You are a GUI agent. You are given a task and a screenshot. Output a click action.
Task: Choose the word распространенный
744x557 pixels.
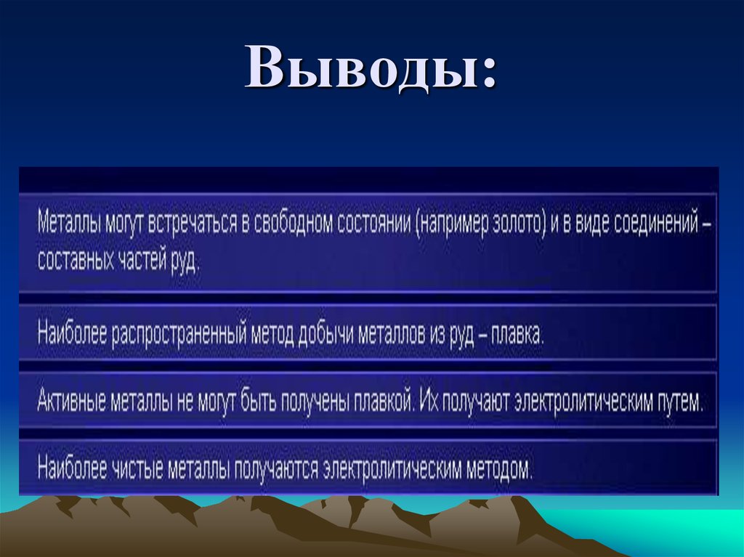[x=177, y=335]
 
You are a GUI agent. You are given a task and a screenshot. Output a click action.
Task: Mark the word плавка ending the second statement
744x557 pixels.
[x=517, y=335]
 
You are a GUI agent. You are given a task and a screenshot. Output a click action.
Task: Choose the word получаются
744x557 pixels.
[x=277, y=468]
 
